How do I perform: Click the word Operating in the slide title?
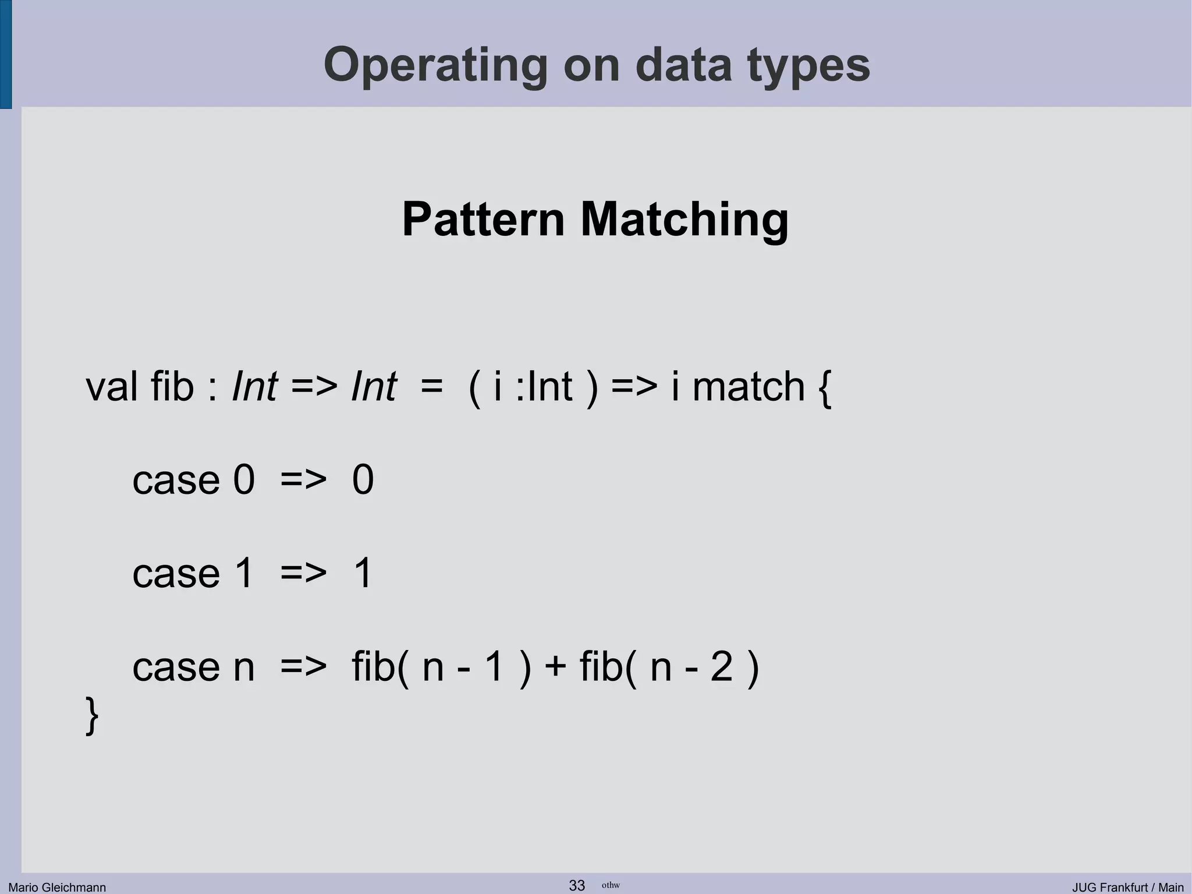point(435,65)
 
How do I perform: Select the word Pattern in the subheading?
point(483,219)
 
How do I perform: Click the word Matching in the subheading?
point(684,219)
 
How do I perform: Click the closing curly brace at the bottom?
point(92,715)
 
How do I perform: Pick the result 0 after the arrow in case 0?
point(363,480)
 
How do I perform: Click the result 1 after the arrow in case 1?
point(362,573)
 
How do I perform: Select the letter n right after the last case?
point(244,667)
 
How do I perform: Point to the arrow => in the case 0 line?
point(303,480)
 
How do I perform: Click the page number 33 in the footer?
point(577,885)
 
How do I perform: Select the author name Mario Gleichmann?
point(57,887)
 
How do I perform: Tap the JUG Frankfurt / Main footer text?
point(1128,887)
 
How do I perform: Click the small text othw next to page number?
point(611,885)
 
